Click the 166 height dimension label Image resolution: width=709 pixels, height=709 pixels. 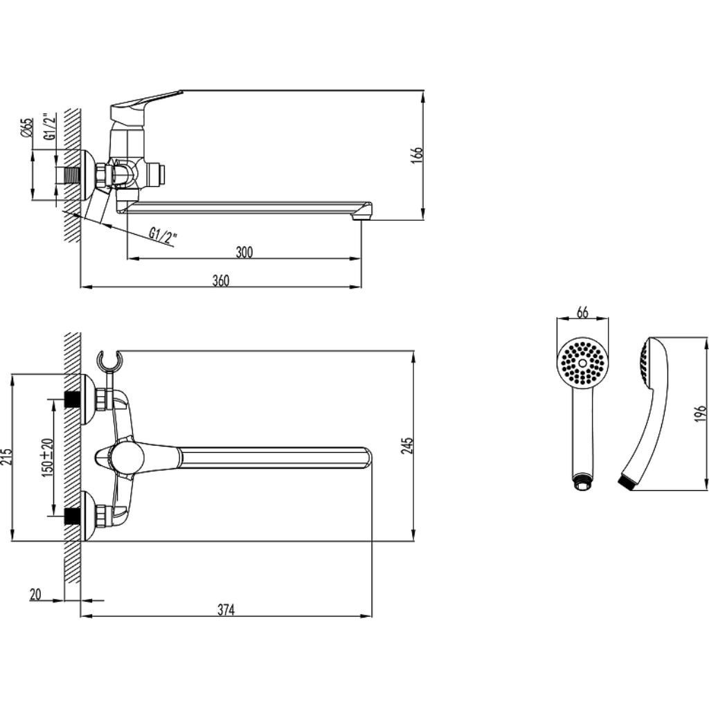418,155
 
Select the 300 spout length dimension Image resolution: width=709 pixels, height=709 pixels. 244,252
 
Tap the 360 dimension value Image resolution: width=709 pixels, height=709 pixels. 221,280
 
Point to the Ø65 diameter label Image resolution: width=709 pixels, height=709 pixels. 27,127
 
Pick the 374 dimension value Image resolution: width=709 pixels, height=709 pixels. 226,609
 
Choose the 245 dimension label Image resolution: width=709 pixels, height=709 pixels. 407,445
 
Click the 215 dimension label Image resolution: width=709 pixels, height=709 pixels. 6,458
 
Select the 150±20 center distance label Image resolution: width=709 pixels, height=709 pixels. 48,456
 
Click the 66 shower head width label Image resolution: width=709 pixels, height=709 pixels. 583,312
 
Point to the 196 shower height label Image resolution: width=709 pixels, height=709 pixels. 700,413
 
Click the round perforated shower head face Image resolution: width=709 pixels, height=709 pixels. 582,363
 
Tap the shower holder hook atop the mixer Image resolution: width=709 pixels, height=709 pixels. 109,361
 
